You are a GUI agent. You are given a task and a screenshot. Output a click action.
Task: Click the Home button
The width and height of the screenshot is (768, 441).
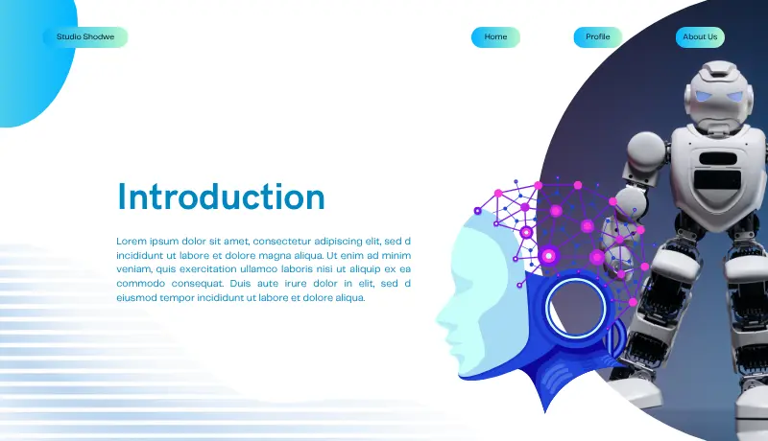[495, 37]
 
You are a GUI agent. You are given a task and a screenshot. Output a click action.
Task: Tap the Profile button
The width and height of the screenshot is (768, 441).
[598, 37]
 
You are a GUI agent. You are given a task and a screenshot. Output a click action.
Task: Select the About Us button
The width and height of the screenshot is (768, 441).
[700, 37]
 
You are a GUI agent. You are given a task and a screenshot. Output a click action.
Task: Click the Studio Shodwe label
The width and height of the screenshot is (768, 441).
[85, 37]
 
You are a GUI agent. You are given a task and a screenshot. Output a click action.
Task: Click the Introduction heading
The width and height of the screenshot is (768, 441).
[221, 197]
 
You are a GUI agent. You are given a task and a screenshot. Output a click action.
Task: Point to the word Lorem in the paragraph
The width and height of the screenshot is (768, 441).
[132, 241]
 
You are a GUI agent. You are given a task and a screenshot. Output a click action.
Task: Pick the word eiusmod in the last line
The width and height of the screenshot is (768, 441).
[136, 298]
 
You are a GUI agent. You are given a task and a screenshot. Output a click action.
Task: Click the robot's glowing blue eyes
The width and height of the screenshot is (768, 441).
[719, 96]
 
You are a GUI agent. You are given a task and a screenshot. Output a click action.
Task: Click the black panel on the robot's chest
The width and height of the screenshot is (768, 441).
[718, 180]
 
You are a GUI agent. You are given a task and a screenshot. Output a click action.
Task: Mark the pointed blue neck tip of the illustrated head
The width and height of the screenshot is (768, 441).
[545, 409]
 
